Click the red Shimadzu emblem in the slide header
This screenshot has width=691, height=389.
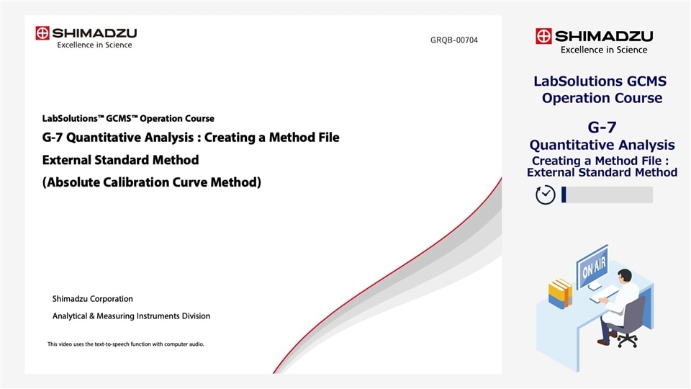click(42, 33)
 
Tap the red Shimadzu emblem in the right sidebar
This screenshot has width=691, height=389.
click(543, 36)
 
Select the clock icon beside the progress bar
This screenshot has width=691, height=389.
click(546, 195)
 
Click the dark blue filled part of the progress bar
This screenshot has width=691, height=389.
click(564, 194)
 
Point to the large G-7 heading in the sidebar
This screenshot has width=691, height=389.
click(602, 128)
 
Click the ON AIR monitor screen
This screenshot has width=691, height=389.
click(592, 266)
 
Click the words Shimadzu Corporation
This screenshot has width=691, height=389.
click(92, 299)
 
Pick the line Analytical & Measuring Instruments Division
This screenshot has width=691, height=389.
click(131, 316)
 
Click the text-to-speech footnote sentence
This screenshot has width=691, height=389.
click(126, 344)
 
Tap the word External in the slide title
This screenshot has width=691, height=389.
click(68, 160)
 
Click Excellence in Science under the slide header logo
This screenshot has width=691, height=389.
click(94, 45)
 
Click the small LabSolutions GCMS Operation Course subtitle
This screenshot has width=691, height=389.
click(128, 119)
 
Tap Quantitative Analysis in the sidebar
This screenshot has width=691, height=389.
click(602, 146)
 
